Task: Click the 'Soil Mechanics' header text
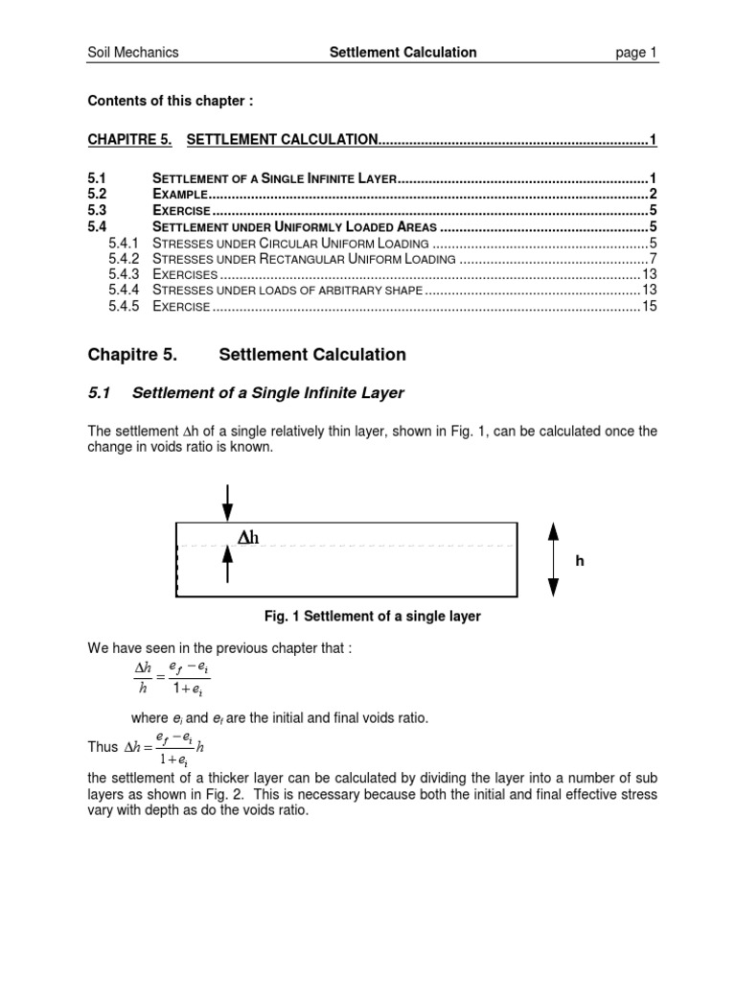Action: click(133, 53)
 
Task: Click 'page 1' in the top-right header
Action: click(635, 53)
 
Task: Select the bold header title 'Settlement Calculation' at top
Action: click(402, 53)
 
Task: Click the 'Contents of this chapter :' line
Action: click(172, 100)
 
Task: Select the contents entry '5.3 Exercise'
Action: click(182, 211)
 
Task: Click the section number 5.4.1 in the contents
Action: click(125, 243)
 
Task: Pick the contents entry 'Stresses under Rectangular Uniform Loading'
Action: click(304, 259)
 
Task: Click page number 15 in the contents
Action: click(649, 307)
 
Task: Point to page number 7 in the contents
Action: click(653, 259)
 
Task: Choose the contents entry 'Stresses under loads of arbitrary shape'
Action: click(287, 291)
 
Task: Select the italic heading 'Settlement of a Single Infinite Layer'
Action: click(267, 392)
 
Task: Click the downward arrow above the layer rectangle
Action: click(227, 501)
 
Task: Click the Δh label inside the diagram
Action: click(248, 538)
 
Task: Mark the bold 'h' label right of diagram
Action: click(579, 562)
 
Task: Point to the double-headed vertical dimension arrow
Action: click(553, 560)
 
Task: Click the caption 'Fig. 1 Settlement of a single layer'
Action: click(372, 617)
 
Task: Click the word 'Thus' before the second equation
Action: click(103, 746)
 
